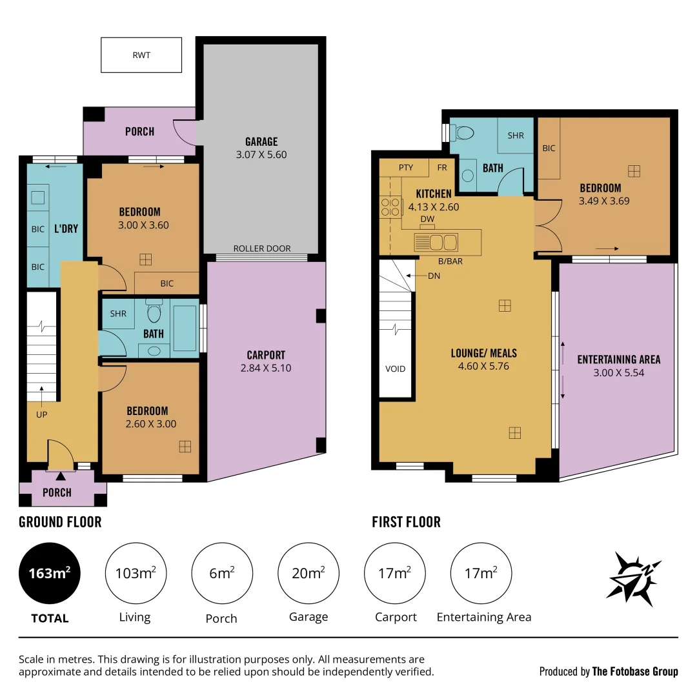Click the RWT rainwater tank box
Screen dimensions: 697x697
click(141, 55)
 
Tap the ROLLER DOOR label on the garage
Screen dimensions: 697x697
click(261, 248)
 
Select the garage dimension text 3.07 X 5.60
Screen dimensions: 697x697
click(261, 155)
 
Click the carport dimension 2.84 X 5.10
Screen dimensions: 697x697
click(266, 368)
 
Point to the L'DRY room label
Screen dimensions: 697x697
click(66, 228)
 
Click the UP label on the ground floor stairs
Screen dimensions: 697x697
click(41, 414)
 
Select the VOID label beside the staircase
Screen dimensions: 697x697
click(395, 369)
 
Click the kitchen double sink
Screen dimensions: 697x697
click(436, 243)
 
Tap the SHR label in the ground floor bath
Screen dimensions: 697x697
click(118, 314)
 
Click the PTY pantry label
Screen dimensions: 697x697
click(405, 168)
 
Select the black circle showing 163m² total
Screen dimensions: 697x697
click(50, 572)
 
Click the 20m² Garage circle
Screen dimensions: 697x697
click(308, 572)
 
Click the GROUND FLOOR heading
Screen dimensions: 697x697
click(60, 521)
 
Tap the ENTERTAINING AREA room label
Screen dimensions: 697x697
click(618, 359)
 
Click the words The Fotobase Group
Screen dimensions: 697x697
click(635, 672)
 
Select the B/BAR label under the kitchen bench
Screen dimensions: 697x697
click(450, 261)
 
